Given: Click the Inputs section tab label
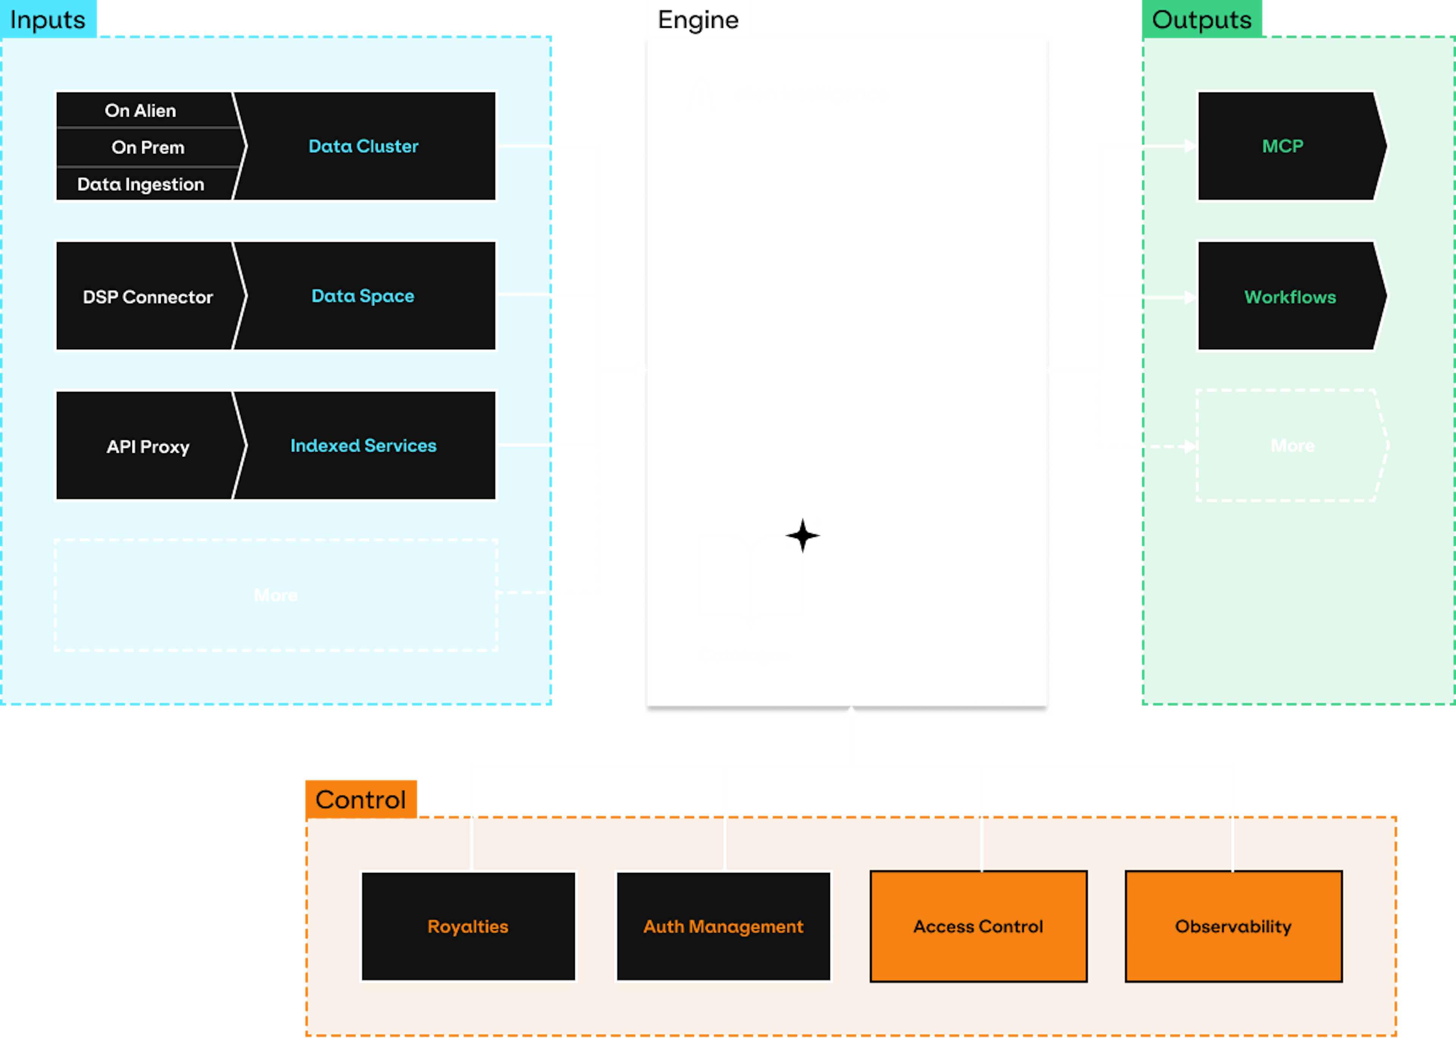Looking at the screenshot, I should coord(48,20).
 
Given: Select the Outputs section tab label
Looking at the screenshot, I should coord(1201,20).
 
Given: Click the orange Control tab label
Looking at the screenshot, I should coord(360,799).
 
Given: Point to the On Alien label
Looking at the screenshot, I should coord(141,111).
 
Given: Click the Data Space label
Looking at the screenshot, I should coord(363,296).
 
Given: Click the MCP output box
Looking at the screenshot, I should coord(1283,146).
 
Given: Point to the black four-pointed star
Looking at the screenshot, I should coord(802,535).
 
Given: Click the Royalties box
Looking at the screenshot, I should coord(468,926).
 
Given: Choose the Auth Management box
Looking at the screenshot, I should coord(723,926).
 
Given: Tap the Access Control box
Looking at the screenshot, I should coord(978,926).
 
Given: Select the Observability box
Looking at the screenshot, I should coord(1233,926).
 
